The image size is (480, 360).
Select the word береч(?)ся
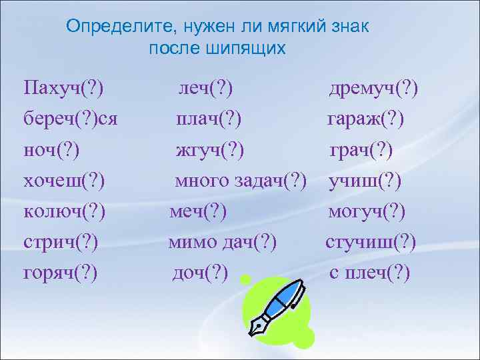coord(70,119)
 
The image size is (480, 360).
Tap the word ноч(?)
coord(51,151)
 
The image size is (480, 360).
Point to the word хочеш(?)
coord(64,181)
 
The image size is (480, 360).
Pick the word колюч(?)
coord(64,212)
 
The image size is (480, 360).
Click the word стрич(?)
coord(61,243)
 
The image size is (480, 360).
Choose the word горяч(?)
coord(61,273)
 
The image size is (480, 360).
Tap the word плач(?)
coord(209,119)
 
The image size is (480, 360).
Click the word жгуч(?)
coord(210,151)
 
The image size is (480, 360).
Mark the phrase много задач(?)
coord(241,181)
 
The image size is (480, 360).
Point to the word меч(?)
coord(198,212)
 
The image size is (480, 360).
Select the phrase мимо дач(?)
coord(222,243)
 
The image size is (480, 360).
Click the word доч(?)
coord(200,273)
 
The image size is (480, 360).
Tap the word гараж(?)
coord(365,119)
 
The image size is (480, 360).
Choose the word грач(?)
coord(361,151)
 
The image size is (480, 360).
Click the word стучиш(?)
coord(371,243)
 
